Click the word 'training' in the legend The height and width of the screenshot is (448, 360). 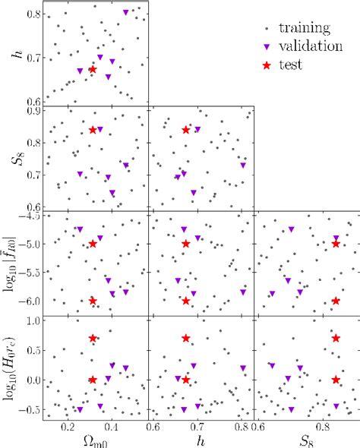point(304,29)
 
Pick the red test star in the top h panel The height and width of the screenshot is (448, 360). point(93,69)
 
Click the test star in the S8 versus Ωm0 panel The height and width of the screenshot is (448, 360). point(93,130)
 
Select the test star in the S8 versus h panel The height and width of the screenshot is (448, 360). point(186,130)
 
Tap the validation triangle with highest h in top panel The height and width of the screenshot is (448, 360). point(126,13)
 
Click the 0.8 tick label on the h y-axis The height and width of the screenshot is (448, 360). point(32,14)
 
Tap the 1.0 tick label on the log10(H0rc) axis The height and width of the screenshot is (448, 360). point(32,320)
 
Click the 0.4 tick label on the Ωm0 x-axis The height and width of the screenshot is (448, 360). point(111,427)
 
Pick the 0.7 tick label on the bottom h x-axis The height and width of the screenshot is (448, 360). point(197,427)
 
